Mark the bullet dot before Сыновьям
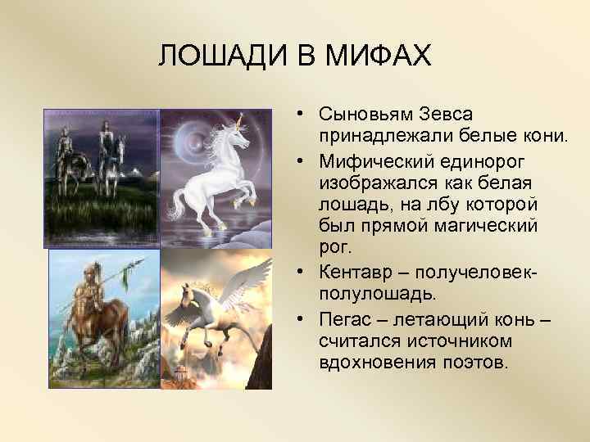click(x=302, y=115)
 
